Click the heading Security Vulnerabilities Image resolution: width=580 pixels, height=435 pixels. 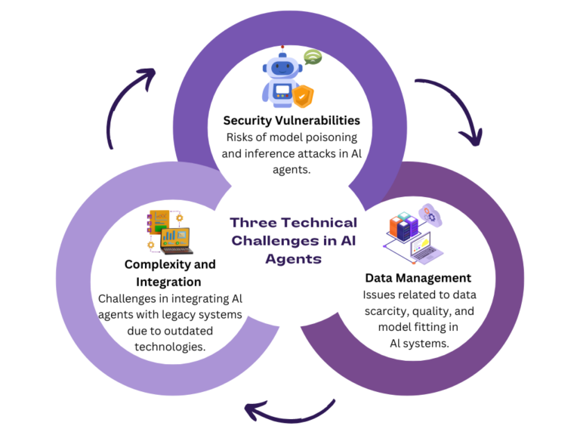click(291, 120)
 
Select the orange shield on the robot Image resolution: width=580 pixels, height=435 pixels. click(304, 96)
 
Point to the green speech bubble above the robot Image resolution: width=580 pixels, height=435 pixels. click(313, 57)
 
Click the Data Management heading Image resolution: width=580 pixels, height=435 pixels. click(417, 278)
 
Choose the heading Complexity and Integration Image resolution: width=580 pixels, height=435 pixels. click(170, 273)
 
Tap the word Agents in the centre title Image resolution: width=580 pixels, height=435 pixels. click(293, 258)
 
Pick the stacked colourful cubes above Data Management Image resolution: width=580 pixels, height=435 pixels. click(403, 224)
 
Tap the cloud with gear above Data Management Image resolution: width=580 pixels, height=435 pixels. click(432, 214)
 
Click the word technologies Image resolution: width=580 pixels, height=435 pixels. click(170, 347)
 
